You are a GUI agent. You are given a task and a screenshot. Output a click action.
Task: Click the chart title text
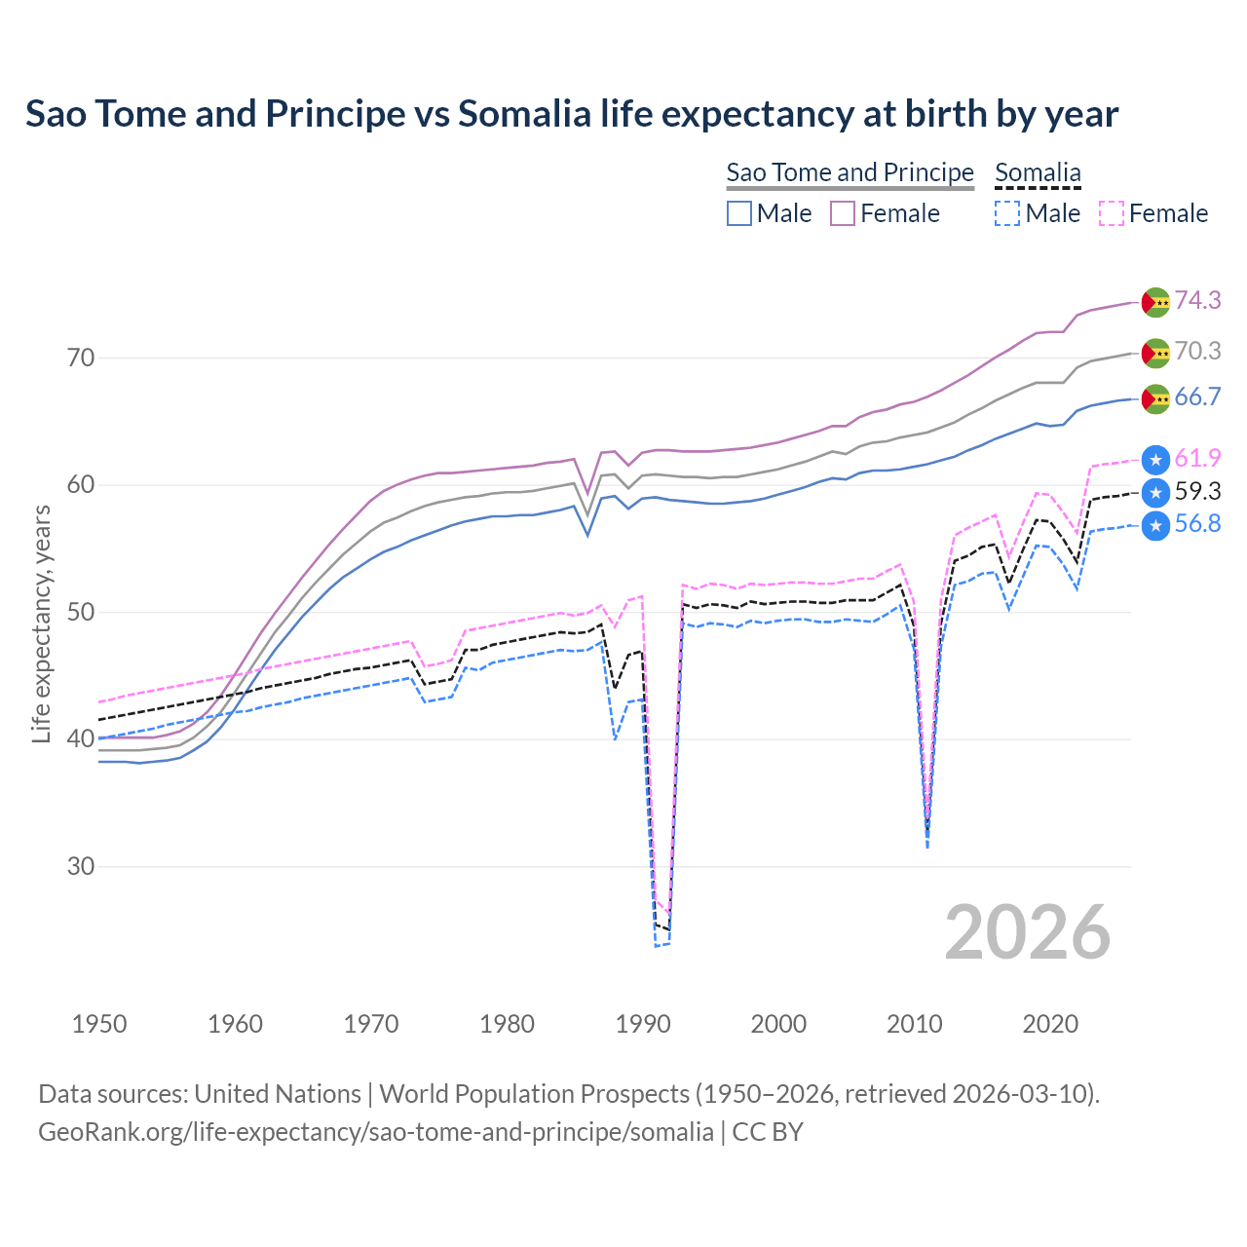[x=572, y=114]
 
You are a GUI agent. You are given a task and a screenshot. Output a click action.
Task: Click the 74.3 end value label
[x=1197, y=300]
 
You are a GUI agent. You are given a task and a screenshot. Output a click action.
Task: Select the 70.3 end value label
[x=1197, y=351]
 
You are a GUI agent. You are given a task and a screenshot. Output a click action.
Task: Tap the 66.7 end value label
[x=1197, y=397]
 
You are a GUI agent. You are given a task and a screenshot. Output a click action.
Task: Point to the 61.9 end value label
[x=1197, y=458]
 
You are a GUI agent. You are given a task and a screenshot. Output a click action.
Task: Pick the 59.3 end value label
[x=1197, y=491]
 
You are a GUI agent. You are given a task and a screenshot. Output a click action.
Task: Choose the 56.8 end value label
[x=1197, y=524]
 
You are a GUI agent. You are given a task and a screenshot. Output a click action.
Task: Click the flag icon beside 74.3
[x=1155, y=302]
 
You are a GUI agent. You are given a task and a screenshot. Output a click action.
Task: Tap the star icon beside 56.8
[x=1155, y=526]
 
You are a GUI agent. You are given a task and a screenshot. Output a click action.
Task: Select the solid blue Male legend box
[x=739, y=213]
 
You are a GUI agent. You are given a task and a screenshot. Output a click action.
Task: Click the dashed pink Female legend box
[x=1112, y=213]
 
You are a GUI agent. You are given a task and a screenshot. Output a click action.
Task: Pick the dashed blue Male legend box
[x=1007, y=213]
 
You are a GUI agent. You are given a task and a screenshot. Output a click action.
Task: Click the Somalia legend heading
[x=1038, y=172]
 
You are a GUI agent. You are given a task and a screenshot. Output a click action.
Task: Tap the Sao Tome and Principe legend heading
[x=850, y=172]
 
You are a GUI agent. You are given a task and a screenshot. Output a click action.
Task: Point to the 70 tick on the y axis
[x=81, y=358]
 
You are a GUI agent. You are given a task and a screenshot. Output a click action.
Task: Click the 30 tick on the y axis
[x=81, y=866]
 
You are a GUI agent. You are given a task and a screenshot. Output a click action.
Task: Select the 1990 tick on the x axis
[x=643, y=1024]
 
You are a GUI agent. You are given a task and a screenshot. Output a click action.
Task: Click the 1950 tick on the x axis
[x=99, y=1024]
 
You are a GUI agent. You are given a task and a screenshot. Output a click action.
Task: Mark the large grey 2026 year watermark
[x=1028, y=932]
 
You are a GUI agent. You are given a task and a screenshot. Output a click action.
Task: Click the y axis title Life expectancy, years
[x=41, y=623]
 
